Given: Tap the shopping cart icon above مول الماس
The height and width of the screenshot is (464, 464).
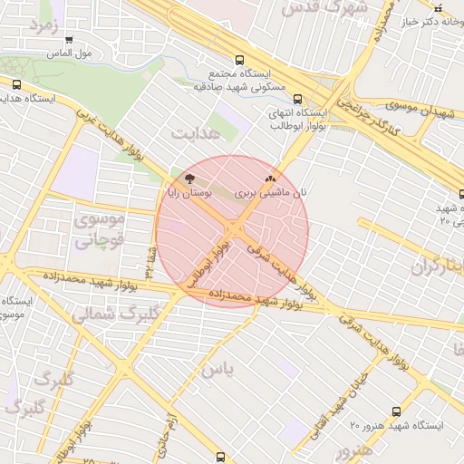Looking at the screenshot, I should point(70,40).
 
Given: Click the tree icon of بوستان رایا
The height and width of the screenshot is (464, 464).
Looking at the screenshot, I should point(188,179).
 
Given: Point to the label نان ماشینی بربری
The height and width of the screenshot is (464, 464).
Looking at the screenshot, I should point(271,193).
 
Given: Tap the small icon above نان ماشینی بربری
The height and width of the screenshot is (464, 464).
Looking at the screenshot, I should point(269,179).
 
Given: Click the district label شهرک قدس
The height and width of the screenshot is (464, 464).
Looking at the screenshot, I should point(323,8).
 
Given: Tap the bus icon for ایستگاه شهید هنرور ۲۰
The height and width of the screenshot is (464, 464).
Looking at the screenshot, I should point(396,411).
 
